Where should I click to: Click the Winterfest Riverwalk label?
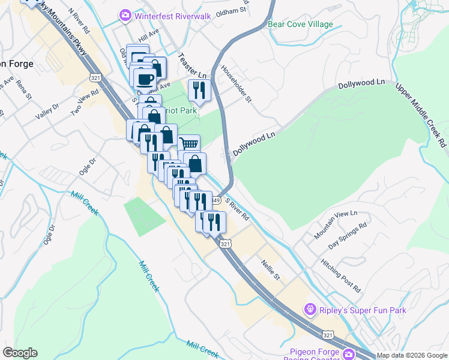pyautogui.click(x=172, y=16)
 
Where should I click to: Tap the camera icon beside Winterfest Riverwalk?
pyautogui.click(x=125, y=15)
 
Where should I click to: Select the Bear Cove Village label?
pyautogui.click(x=300, y=25)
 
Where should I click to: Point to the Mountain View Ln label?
pyautogui.click(x=336, y=221)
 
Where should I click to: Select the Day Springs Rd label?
pyautogui.click(x=348, y=237)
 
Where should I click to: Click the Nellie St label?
pyautogui.click(x=271, y=269)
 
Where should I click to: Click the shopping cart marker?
pyautogui.click(x=188, y=144)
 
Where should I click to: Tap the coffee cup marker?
pyautogui.click(x=145, y=79)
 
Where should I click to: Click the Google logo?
pyautogui.click(x=20, y=353)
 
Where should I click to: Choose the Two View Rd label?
pyautogui.click(x=84, y=104)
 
